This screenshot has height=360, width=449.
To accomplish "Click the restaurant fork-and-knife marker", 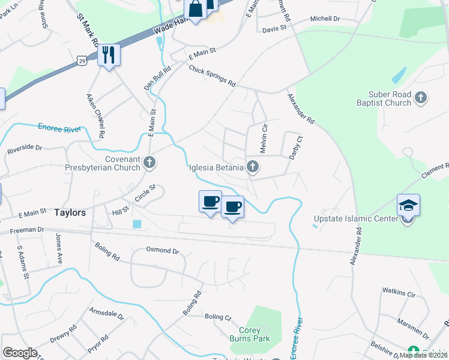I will [x=109, y=55].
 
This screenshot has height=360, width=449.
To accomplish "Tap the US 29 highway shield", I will [x=82, y=61].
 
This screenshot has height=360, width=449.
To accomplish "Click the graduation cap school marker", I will [x=408, y=205].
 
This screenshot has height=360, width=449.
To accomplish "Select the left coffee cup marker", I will [x=210, y=202].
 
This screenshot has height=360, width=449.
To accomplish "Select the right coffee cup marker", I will [x=233, y=207].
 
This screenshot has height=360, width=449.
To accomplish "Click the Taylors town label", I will [x=70, y=213].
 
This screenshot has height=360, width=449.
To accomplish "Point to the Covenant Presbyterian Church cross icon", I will [x=149, y=162].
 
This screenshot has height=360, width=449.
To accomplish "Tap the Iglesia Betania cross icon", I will [x=253, y=167].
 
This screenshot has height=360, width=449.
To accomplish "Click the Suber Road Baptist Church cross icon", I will [x=421, y=97].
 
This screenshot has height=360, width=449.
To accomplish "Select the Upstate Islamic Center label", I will [x=356, y=218].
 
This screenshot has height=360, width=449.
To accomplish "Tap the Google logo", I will [x=20, y=353].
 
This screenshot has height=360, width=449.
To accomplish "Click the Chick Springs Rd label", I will [x=212, y=77].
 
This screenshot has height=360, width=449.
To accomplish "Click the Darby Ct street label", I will [x=294, y=147].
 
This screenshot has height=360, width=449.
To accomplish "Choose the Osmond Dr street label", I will [x=163, y=250].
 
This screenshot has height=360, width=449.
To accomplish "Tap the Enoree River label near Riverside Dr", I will [x=59, y=128].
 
